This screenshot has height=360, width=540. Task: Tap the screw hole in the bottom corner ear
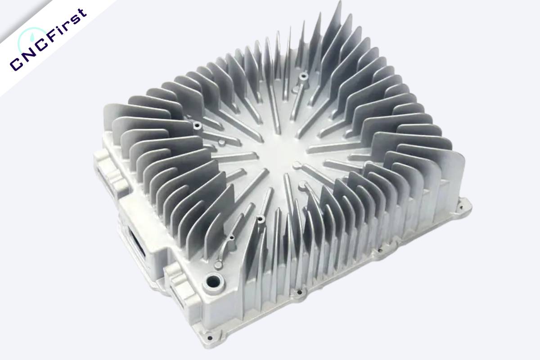coord(209,336)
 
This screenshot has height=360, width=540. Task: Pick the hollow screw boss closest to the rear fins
coord(304,76)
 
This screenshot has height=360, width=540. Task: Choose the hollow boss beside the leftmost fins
coord(196,123)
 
